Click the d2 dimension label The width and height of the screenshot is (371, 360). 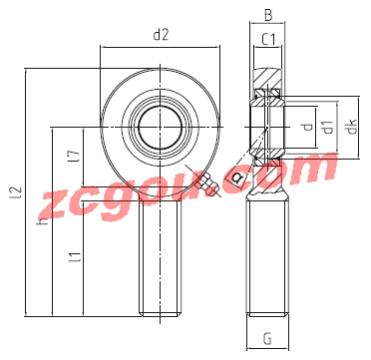point(161,35)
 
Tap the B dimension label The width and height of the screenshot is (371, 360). point(268,16)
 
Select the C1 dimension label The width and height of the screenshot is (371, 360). point(268,40)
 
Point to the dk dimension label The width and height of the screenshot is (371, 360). point(352,127)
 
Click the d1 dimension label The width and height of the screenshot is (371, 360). point(328,128)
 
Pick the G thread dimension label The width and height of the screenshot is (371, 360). point(267,339)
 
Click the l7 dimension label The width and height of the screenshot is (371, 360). point(76,157)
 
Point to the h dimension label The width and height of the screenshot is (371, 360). point(43,220)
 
